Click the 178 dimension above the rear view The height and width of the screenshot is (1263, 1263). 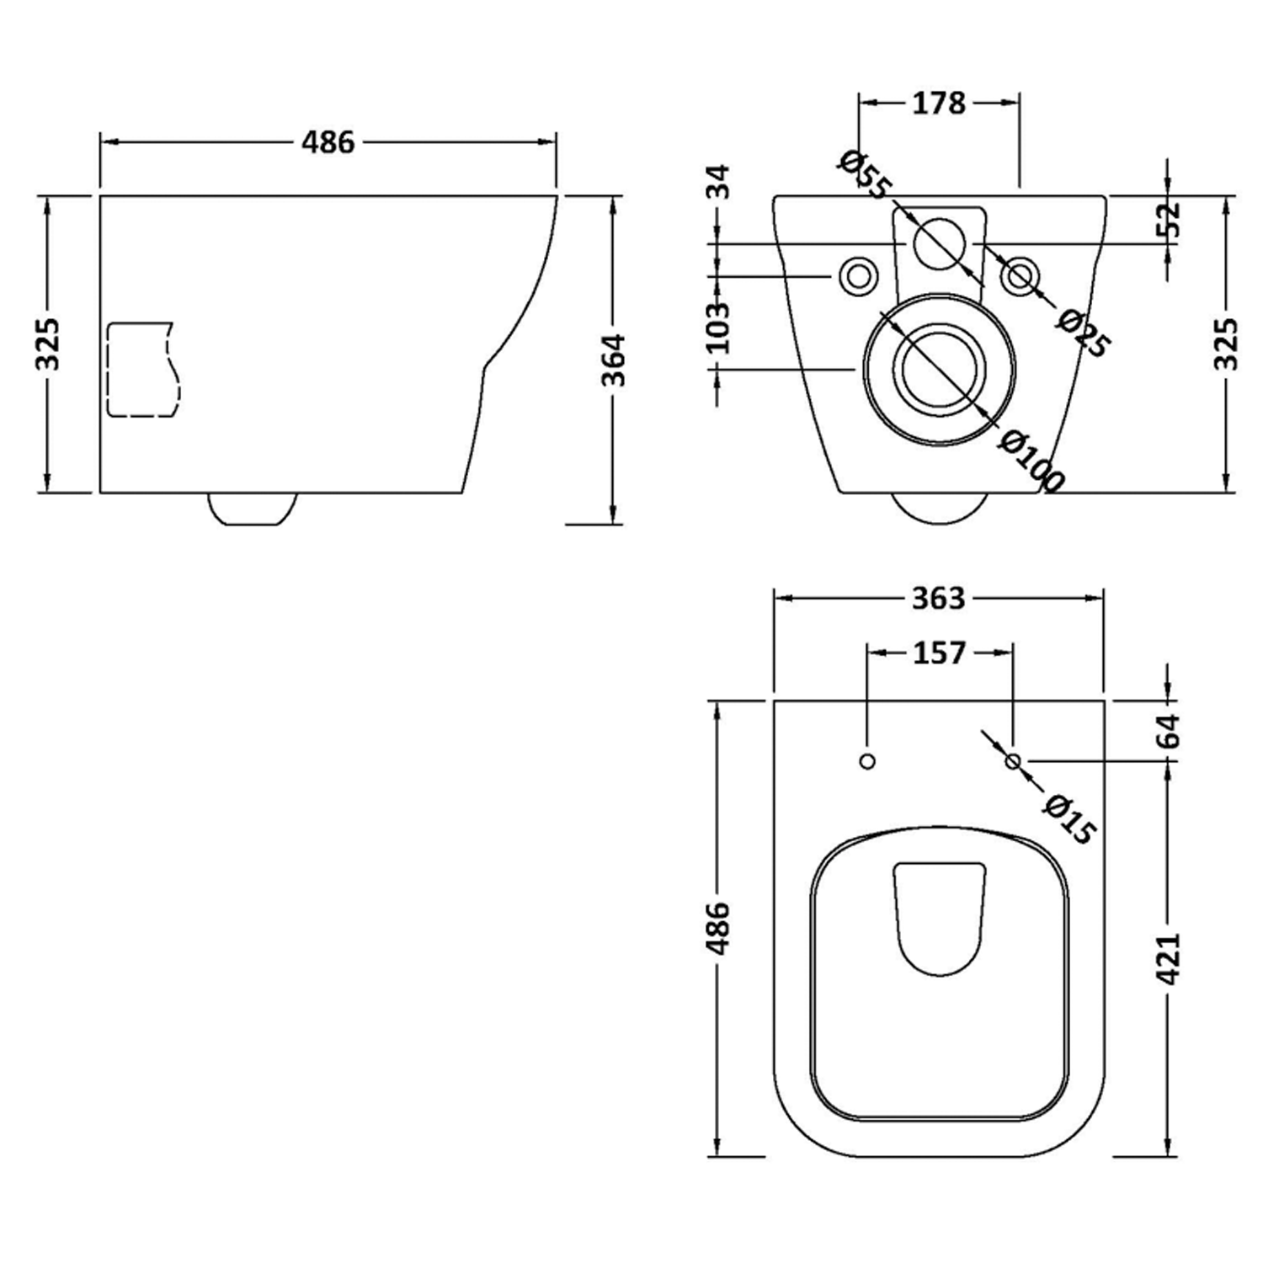coord(939,103)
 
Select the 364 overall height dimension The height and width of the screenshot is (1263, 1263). coord(614,360)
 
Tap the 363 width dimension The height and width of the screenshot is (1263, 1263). coord(938,598)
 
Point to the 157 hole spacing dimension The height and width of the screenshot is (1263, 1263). coord(939,653)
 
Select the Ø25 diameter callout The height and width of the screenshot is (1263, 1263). coord(1085,333)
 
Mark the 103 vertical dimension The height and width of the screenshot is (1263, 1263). coord(717,326)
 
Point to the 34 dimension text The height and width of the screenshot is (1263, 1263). coord(717,182)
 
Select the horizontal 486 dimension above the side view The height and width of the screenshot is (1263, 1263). coord(328,142)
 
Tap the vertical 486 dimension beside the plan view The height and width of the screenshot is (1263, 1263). coord(717,929)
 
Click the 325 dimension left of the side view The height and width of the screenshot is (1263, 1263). coord(48,344)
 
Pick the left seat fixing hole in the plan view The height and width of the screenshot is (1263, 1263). coord(867,761)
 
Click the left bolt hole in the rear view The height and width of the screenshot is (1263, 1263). coord(858,275)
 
